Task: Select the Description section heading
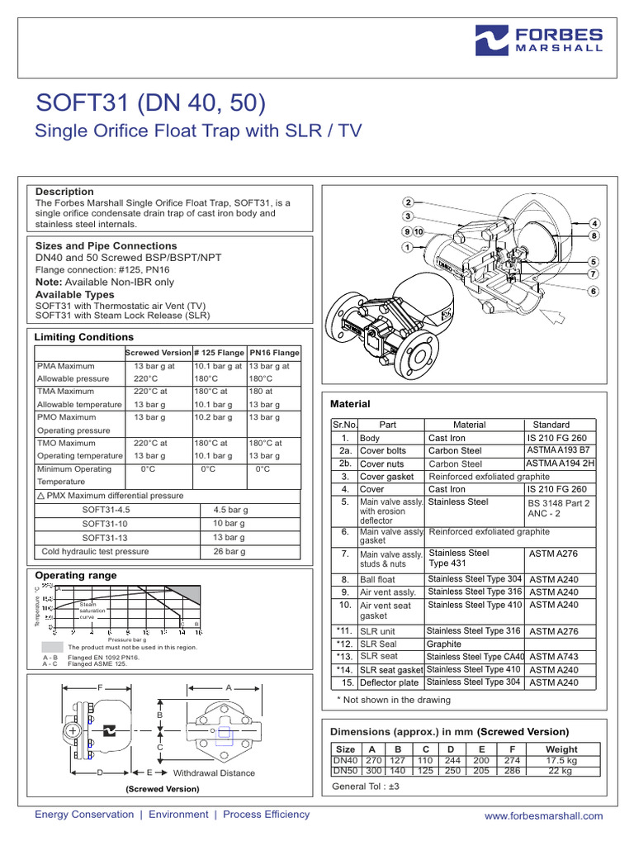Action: tap(64, 192)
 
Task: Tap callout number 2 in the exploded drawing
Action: tap(408, 202)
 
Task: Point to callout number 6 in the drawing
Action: tap(593, 291)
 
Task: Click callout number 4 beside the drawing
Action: tap(594, 224)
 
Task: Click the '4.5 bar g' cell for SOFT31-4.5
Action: tap(231, 510)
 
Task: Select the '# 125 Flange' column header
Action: tap(218, 353)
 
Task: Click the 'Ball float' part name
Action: tap(378, 580)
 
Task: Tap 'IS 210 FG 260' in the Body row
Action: tap(557, 438)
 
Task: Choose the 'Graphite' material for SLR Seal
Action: tap(444, 644)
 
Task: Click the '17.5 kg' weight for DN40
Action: tap(561, 760)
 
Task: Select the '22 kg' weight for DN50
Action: tap(561, 770)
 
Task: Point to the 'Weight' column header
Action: tap(561, 749)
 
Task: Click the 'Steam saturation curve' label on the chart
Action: tap(88, 610)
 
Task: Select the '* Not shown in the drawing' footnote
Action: tap(393, 700)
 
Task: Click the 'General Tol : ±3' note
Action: tap(365, 787)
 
